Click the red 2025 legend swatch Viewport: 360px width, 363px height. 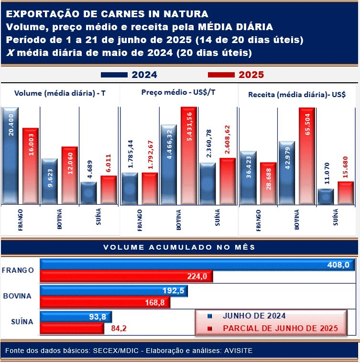pyautogui.click(x=221, y=75)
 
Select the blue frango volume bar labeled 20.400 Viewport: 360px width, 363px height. pyautogui.click(x=10, y=156)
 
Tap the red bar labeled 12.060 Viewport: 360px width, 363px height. pyautogui.click(x=69, y=175)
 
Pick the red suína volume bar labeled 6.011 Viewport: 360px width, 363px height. pyautogui.click(x=109, y=190)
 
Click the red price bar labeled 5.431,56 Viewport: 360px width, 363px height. pyautogui.click(x=188, y=156)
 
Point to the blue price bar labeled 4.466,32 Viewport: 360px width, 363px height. pyautogui.click(x=168, y=165)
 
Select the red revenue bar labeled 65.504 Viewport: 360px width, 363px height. pyautogui.click(x=306, y=156)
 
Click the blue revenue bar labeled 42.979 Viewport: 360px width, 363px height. pyautogui.click(x=286, y=173)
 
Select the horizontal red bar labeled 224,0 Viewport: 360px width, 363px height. pyautogui.click(x=127, y=276)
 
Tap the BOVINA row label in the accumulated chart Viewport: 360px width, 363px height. pyautogui.click(x=17, y=296)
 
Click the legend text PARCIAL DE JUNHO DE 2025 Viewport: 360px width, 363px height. pyautogui.click(x=280, y=329)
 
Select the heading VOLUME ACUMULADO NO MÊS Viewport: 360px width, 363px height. pyautogui.click(x=179, y=247)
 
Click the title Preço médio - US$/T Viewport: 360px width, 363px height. pyautogui.click(x=178, y=92)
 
